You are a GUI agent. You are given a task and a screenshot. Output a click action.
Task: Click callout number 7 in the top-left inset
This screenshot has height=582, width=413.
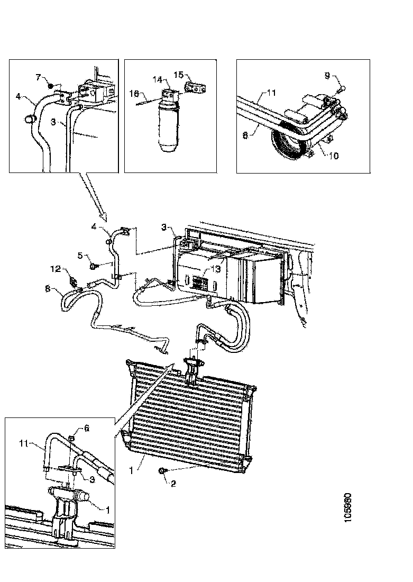38,78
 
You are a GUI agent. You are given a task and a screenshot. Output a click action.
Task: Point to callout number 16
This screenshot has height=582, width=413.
134,95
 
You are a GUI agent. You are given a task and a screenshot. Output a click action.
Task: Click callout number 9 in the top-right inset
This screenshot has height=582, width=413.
328,76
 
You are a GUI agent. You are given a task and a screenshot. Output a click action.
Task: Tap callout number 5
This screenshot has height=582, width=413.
80,256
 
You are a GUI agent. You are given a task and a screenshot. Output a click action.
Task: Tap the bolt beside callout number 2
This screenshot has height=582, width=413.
160,470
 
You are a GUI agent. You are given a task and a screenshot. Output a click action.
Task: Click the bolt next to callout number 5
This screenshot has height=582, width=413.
93,265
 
